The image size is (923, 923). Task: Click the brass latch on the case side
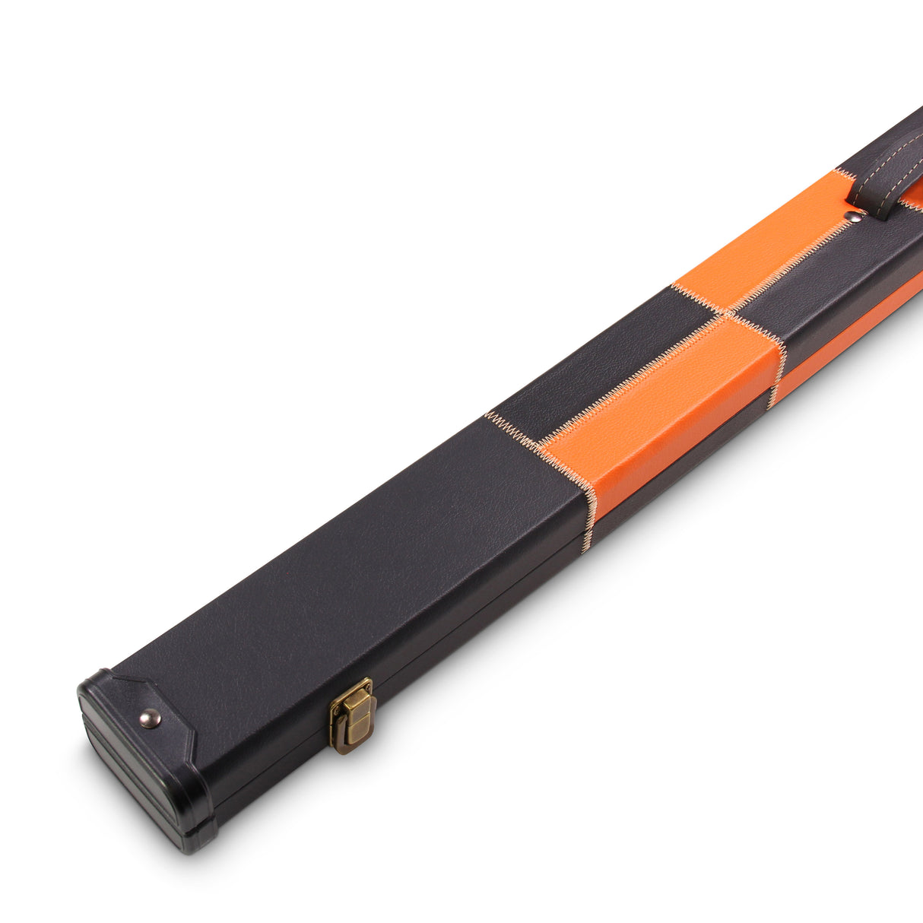point(351,715)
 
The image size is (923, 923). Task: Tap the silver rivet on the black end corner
point(150,718)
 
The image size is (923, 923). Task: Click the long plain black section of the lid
point(342,563)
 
